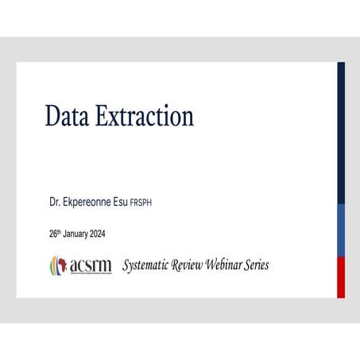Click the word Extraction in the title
coord(144,116)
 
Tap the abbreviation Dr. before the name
coord(55,203)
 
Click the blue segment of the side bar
coord(341,230)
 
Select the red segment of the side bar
coord(341,277)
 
